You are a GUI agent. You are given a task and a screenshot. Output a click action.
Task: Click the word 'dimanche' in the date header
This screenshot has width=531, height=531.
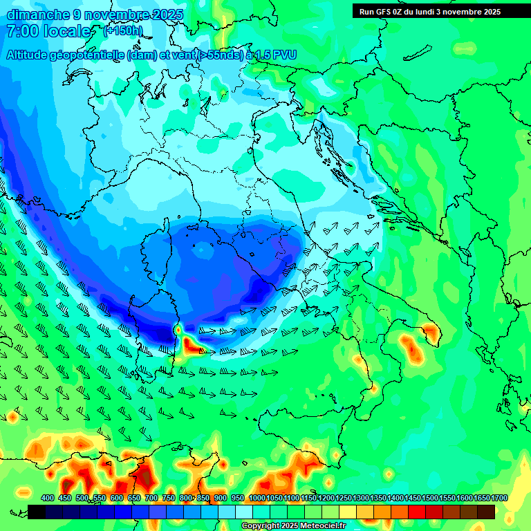pos(35,15)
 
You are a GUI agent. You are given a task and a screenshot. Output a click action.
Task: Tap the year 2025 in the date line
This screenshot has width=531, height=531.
pos(167,15)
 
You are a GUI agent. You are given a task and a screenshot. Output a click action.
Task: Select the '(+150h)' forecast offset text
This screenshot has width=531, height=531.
pos(122,30)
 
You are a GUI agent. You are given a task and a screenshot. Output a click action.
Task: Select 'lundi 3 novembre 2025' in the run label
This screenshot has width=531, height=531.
pos(463,12)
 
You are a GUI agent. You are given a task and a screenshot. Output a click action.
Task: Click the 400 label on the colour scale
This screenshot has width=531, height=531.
pos(48,499)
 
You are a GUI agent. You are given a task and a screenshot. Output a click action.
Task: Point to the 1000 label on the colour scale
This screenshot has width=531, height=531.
pos(257,499)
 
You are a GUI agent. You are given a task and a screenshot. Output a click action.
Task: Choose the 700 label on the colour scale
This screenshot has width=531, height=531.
pos(151,499)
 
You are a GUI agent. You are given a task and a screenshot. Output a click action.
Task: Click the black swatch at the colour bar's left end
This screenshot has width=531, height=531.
pos(37,512)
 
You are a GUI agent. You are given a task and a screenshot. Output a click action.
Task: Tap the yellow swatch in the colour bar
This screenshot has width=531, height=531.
pos(348,512)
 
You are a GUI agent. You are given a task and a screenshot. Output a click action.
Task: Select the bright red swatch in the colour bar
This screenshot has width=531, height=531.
pos(417,512)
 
